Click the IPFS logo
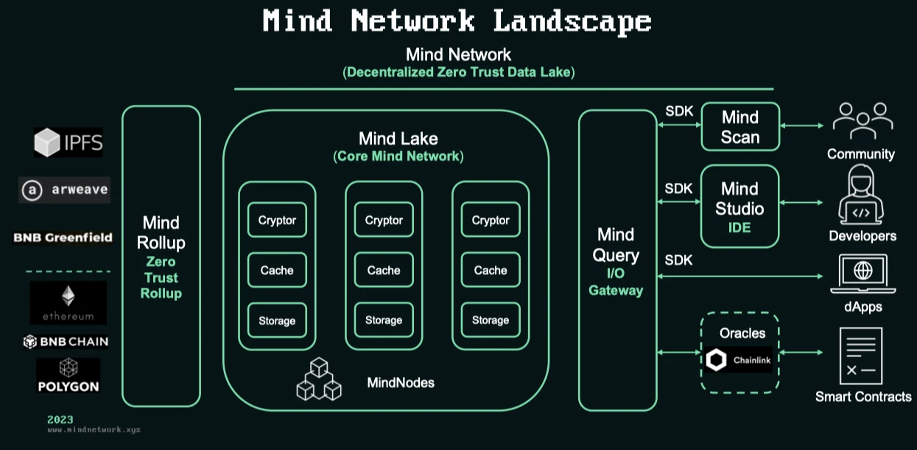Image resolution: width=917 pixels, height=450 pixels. point(68,142)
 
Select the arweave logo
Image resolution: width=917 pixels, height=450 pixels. point(64,190)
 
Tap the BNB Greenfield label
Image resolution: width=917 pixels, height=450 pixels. point(63,238)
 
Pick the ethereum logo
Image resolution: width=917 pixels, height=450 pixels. point(68,302)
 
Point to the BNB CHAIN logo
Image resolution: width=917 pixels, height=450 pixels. point(66,342)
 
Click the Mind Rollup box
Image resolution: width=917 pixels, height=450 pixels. point(161,256)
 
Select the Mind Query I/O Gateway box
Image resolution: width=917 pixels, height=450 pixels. point(616,260)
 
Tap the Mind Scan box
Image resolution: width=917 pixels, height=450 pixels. point(739,127)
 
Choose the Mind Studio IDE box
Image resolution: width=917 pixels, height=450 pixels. point(739,207)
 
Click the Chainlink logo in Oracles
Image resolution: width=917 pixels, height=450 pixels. point(739,360)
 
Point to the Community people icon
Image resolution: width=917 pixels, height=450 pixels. point(862,121)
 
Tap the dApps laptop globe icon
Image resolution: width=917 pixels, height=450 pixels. point(862,274)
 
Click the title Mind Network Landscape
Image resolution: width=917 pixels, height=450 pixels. point(457,21)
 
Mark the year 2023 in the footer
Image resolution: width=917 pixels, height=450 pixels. point(60,419)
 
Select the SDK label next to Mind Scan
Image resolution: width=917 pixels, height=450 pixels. point(678,111)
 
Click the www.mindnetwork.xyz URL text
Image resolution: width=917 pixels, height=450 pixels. point(94,429)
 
